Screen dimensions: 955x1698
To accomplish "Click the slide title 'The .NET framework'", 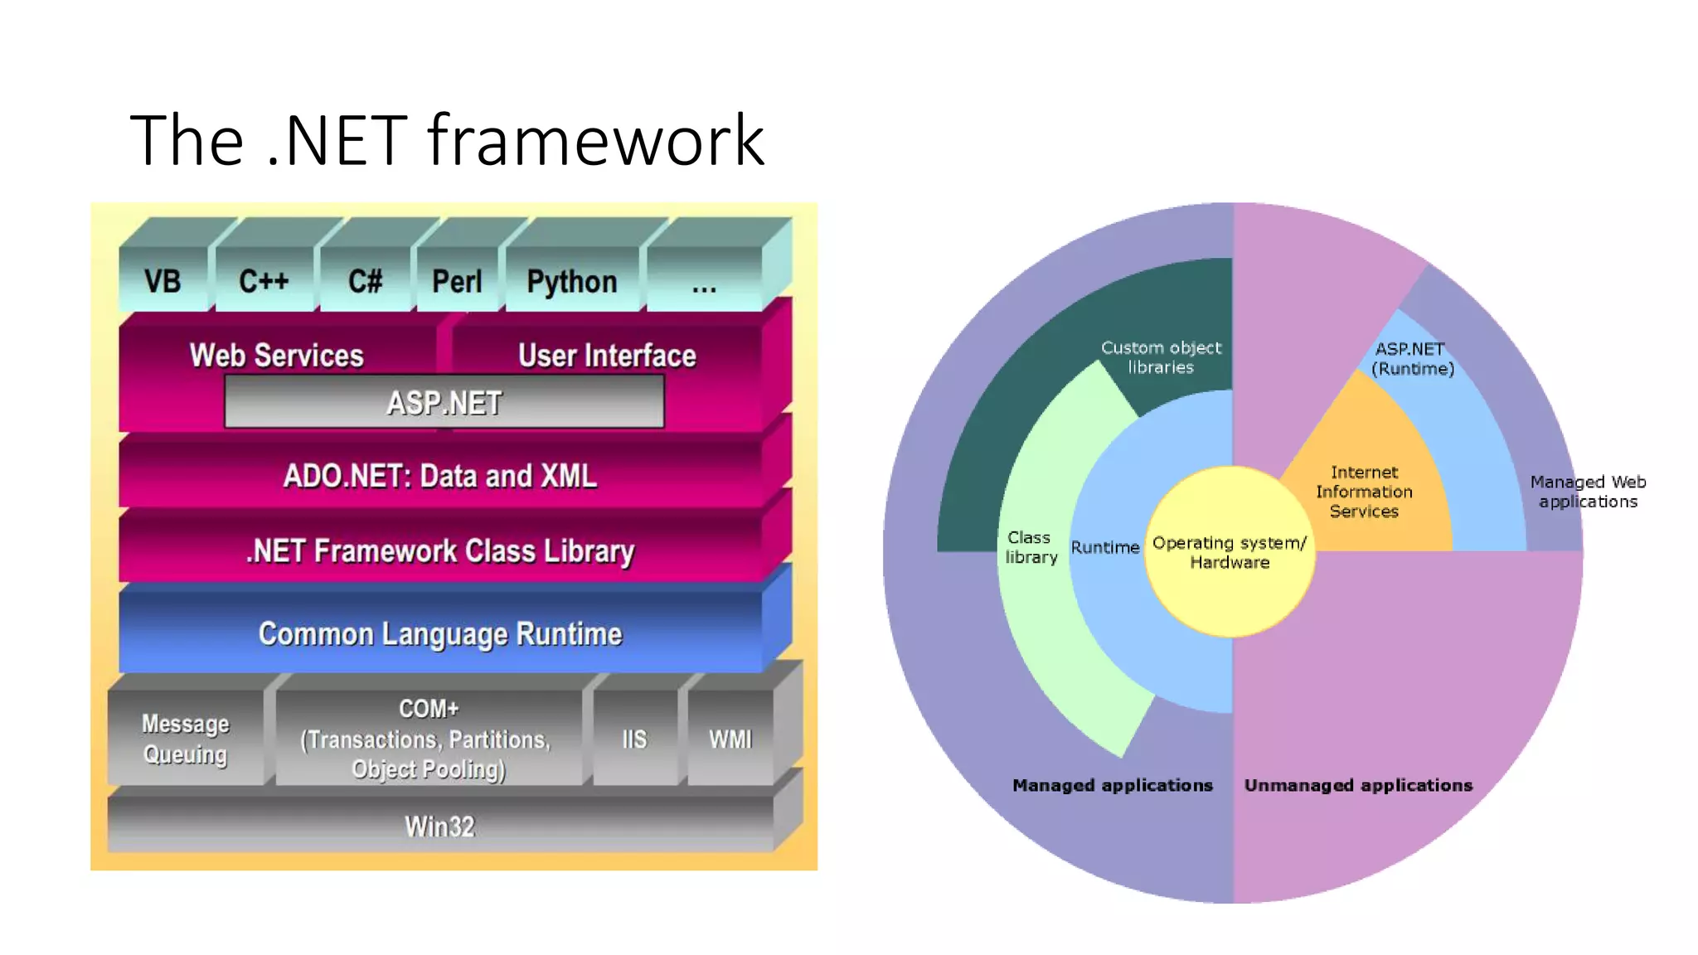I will pyautogui.click(x=447, y=140).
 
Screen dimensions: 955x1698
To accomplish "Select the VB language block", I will pyautogui.click(x=163, y=281).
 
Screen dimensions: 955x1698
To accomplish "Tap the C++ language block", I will pyautogui.click(x=264, y=281).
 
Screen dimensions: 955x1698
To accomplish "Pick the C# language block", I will pyautogui.click(x=365, y=281).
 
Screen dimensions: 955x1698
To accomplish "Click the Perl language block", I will pyautogui.click(x=457, y=281).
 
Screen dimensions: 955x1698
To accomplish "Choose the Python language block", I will pyautogui.click(x=572, y=281).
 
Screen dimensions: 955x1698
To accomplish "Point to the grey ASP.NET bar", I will pyautogui.click(x=444, y=403).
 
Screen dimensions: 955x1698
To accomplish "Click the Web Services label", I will pyautogui.click(x=277, y=355).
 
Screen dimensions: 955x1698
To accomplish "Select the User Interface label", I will pyautogui.click(x=607, y=355).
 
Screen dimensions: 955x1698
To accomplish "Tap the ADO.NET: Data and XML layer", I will pyautogui.click(x=440, y=476).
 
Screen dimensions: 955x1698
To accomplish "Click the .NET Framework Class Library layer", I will pyautogui.click(x=440, y=550).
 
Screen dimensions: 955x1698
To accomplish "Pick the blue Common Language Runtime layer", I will pyautogui.click(x=440, y=633).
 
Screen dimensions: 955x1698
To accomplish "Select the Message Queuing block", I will pyautogui.click(x=186, y=739).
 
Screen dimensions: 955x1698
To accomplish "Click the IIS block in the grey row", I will pyautogui.click(x=634, y=739).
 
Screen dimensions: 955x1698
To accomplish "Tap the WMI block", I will pyautogui.click(x=730, y=739).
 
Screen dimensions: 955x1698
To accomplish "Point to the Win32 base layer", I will pyautogui.click(x=440, y=826).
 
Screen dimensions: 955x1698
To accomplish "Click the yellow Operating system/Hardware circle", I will pyautogui.click(x=1230, y=552).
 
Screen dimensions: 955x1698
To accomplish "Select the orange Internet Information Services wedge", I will pyautogui.click(x=1364, y=492).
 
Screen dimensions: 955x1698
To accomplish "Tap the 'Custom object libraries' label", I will pyautogui.click(x=1161, y=357).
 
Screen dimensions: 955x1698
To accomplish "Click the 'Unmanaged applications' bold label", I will pyautogui.click(x=1358, y=785).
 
